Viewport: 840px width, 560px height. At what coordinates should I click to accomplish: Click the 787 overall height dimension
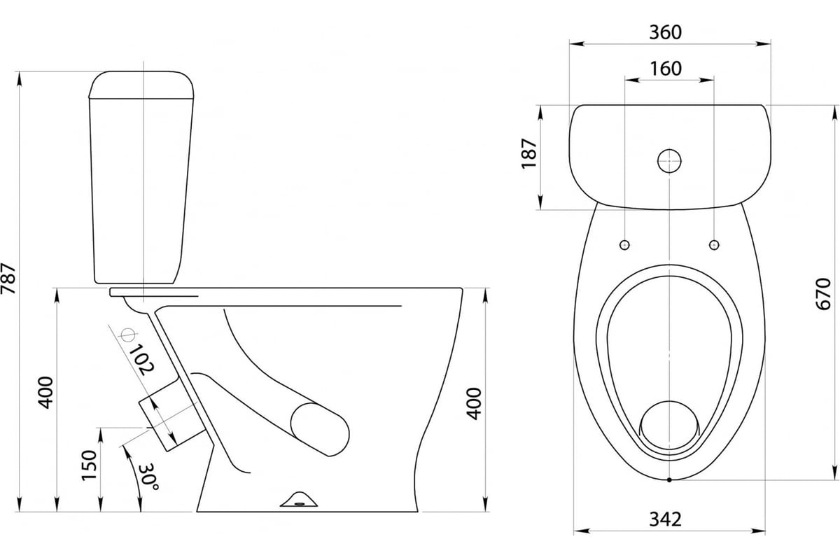pyautogui.click(x=8, y=279)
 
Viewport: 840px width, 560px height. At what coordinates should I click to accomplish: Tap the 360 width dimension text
pyautogui.click(x=666, y=32)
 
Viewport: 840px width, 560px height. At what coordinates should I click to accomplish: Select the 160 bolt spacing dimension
pyautogui.click(x=666, y=69)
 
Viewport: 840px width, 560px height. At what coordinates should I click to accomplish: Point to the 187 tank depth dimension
pyautogui.click(x=529, y=154)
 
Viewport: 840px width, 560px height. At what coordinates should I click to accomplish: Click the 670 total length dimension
pyautogui.click(x=823, y=294)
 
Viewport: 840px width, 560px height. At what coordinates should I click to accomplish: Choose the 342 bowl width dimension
pyautogui.click(x=665, y=519)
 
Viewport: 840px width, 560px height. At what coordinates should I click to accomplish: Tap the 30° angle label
pyautogui.click(x=148, y=477)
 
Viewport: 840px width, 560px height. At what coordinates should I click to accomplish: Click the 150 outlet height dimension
pyautogui.click(x=90, y=465)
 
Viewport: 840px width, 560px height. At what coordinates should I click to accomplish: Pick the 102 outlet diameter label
pyautogui.click(x=141, y=360)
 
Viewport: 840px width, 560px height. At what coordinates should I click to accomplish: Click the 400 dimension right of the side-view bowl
pyautogui.click(x=474, y=404)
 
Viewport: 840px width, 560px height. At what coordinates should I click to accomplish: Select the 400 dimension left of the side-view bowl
pyautogui.click(x=46, y=392)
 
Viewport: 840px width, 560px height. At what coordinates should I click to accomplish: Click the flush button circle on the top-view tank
pyautogui.click(x=669, y=161)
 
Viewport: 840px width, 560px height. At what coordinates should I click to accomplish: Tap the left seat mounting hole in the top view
pyautogui.click(x=624, y=245)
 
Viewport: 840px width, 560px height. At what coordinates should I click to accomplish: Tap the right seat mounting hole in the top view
pyautogui.click(x=714, y=245)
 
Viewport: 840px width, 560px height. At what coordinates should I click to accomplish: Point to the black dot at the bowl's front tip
pyautogui.click(x=669, y=479)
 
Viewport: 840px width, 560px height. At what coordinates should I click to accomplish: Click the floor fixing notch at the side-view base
pyautogui.click(x=299, y=499)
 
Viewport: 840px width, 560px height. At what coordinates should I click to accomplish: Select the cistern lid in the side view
pyautogui.click(x=141, y=85)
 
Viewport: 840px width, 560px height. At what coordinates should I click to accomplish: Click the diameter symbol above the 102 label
pyautogui.click(x=128, y=335)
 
